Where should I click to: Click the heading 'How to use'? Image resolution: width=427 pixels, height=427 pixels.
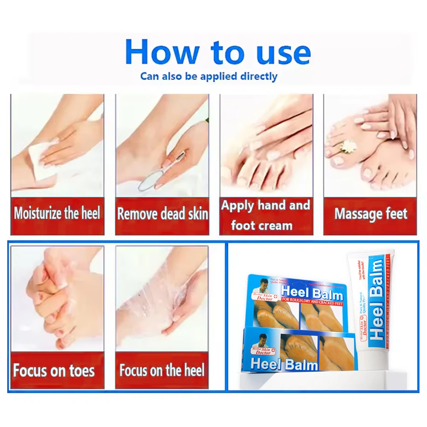point(218,53)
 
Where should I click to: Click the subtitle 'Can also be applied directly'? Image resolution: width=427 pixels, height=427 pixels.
point(209,77)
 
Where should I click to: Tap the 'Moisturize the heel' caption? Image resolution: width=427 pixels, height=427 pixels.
point(57,213)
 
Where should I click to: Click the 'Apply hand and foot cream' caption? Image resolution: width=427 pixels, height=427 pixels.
point(266,216)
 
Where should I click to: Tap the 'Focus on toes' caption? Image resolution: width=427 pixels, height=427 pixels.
point(54,370)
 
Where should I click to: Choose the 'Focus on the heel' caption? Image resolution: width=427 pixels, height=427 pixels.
point(162,370)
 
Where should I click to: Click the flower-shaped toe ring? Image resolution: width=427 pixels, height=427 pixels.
point(348,146)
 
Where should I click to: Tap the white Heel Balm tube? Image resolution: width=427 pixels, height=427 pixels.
point(371,307)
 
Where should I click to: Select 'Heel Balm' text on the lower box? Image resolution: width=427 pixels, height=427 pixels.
point(284,364)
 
